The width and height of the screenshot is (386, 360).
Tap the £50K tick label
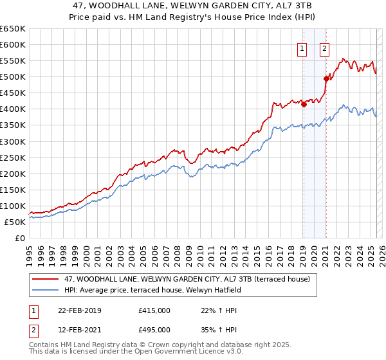pos(16,222)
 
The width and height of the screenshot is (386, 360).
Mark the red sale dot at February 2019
pos(304,105)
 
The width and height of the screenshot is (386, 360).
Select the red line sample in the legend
pos(46,279)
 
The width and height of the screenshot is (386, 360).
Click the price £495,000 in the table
pos(154,330)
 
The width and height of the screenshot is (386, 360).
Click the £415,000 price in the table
pos(154,310)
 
